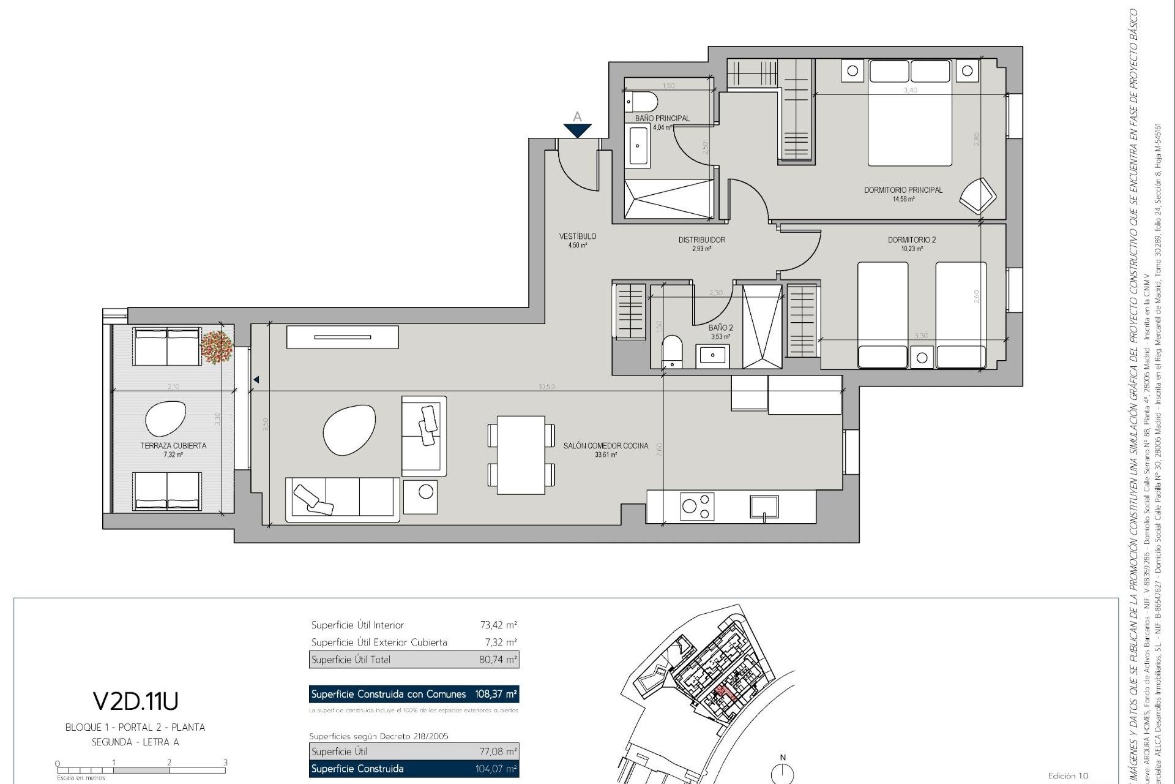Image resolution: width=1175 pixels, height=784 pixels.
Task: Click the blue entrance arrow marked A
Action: tap(577, 130)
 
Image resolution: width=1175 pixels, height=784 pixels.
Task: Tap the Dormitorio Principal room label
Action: tap(903, 190)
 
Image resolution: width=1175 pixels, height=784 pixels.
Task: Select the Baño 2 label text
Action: tap(720, 328)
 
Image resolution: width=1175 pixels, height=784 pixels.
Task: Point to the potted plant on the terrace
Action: tap(217, 347)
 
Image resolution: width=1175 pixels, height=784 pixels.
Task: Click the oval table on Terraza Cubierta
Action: tap(165, 418)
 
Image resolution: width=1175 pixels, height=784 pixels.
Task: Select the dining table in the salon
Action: tap(521, 454)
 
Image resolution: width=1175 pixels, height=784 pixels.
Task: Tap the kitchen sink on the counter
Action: tap(764, 507)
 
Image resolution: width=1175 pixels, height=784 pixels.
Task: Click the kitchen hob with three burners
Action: tap(698, 507)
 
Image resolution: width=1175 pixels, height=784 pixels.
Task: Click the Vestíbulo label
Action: tap(577, 236)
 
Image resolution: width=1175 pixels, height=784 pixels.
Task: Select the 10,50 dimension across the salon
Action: tap(546, 387)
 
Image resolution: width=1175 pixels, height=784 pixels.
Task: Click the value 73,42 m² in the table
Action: tap(498, 625)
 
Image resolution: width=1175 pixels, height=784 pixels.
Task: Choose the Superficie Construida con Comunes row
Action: tap(414, 694)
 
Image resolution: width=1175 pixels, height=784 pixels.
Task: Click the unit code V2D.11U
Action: tap(135, 700)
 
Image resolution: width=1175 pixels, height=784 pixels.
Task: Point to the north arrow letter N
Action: tap(782, 758)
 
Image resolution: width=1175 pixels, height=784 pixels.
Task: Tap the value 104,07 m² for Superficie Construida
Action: tap(496, 769)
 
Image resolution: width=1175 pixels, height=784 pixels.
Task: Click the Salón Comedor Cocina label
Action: tap(605, 446)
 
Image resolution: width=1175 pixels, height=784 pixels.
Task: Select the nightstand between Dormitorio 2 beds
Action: tap(922, 357)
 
